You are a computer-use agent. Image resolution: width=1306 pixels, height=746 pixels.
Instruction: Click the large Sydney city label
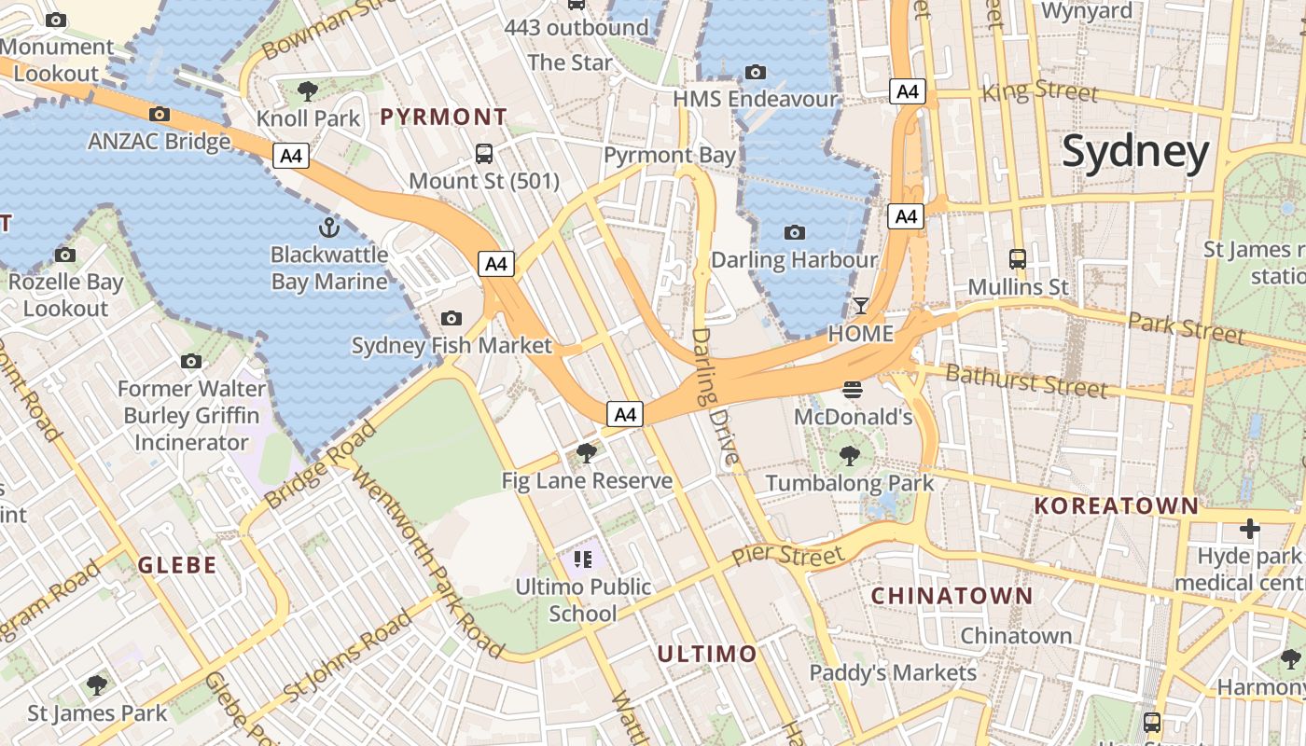point(1135,152)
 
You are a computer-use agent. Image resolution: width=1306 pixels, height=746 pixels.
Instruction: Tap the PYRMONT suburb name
point(444,117)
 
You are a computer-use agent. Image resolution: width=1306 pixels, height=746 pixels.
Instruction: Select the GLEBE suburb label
point(177,565)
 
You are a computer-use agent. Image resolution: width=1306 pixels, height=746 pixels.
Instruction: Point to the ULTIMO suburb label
point(707,654)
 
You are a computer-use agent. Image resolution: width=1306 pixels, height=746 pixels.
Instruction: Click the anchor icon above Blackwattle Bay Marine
point(328,227)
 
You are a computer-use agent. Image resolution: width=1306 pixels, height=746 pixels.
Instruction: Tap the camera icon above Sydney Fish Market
point(452,319)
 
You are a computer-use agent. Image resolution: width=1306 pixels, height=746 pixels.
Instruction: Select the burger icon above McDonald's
point(853,390)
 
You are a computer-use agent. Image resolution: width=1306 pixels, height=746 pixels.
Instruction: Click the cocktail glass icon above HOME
point(860,306)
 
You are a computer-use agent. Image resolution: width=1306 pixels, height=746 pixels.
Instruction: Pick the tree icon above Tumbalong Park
point(849,456)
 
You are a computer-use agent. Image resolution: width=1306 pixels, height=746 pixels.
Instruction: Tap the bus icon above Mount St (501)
point(484,154)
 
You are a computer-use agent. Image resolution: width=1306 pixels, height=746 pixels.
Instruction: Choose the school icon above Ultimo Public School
point(583,559)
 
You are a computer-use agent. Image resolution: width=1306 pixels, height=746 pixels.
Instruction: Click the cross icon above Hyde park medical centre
point(1249,530)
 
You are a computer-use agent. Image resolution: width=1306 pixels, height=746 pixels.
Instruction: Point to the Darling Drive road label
point(716,395)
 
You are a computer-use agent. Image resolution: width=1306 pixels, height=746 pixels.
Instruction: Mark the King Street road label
point(1040,91)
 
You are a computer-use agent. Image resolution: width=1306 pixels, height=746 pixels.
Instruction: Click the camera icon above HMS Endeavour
point(756,72)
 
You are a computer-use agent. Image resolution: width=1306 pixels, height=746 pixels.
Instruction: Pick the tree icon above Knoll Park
point(307,91)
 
